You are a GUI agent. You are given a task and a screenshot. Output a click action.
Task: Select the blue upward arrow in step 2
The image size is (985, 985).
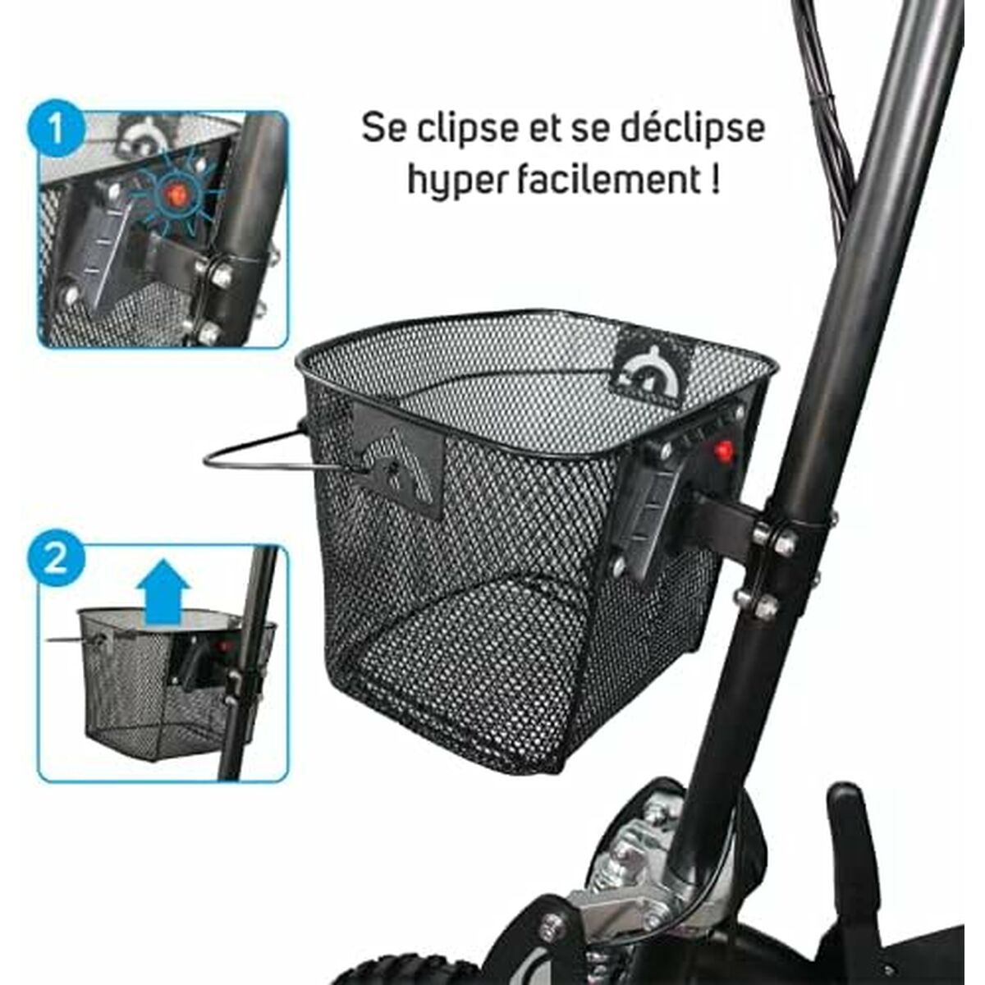click(164, 592)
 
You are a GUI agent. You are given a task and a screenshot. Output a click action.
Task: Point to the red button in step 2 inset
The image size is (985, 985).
click(224, 646)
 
